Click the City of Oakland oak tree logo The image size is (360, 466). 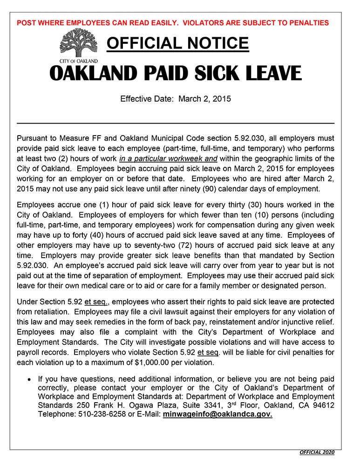(79, 43)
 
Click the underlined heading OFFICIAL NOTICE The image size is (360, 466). (178, 44)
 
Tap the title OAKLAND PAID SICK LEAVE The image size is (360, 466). (176, 73)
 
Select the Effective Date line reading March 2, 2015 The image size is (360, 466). (176, 99)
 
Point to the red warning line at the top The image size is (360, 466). (172, 23)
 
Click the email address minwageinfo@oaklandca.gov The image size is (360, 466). (217, 414)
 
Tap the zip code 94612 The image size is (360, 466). (323, 405)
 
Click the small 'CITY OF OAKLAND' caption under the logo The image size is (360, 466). (79, 61)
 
